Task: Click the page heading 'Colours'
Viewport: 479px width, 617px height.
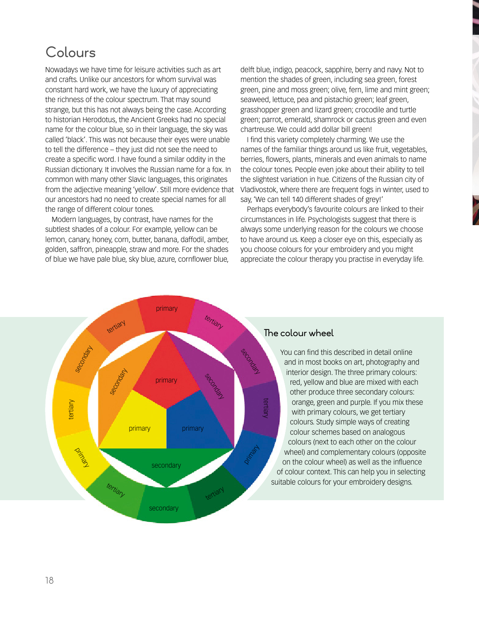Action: pos(70,53)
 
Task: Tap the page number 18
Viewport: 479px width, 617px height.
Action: pos(49,580)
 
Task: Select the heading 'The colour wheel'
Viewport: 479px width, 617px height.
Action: pos(299,333)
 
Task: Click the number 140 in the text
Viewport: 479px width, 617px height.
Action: pos(298,199)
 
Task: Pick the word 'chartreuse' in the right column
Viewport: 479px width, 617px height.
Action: pos(257,129)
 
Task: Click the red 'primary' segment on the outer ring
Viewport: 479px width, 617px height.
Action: pos(167,312)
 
